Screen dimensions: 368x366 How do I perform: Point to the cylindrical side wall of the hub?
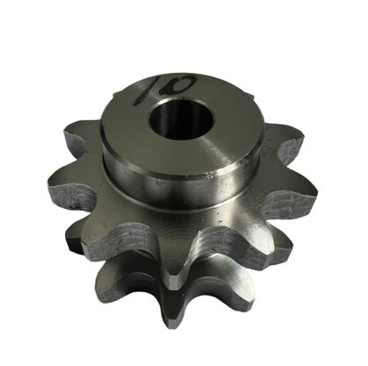tap(182, 186)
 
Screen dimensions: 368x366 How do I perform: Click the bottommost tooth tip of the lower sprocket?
tap(177, 318)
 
